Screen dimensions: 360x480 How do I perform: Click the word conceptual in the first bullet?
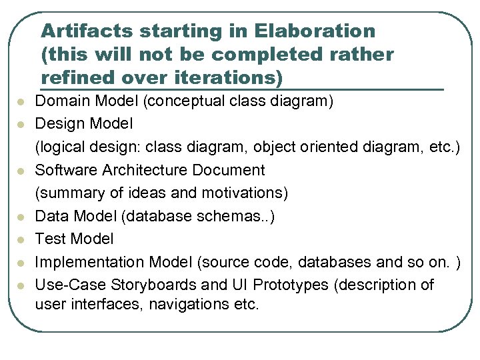click(x=183, y=102)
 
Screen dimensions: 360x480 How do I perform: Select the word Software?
click(x=66, y=170)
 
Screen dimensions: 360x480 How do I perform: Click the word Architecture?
click(x=146, y=170)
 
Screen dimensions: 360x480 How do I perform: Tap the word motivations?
click(x=243, y=193)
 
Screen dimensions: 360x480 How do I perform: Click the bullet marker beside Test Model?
click(x=21, y=239)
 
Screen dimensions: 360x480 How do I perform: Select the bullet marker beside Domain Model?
click(x=21, y=103)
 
